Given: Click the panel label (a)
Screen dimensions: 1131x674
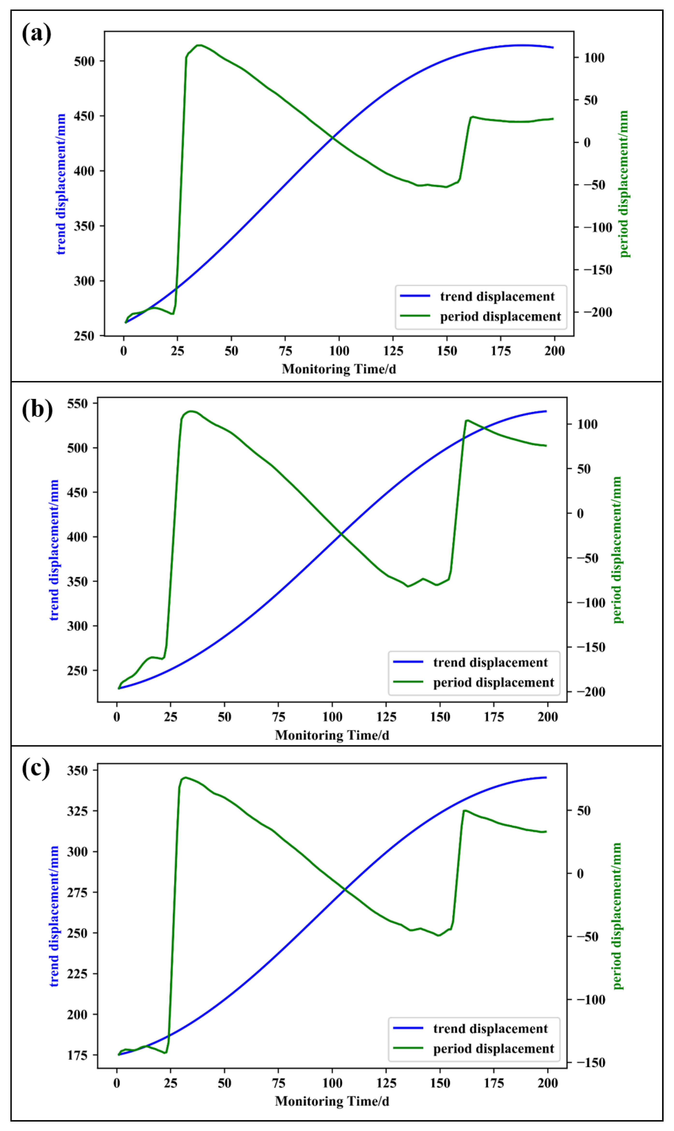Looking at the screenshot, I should tap(36, 34).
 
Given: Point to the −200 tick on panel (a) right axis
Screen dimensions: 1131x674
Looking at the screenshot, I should tap(598, 312).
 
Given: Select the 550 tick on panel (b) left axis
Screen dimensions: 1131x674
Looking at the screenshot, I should tap(77, 403).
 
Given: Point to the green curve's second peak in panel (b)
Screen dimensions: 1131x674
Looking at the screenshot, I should tap(467, 420).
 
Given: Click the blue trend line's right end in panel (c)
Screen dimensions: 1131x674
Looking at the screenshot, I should tap(546, 777).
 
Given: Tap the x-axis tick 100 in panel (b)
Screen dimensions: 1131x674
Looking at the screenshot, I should tap(332, 717).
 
